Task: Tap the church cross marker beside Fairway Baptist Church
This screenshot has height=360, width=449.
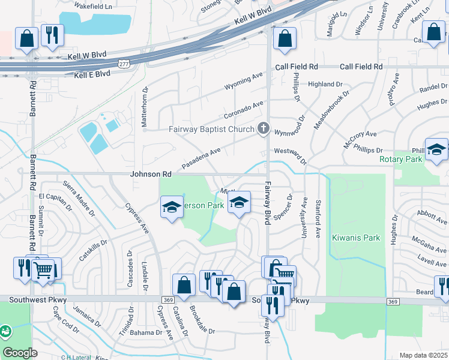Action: coord(262,128)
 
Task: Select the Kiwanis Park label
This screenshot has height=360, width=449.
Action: coord(356,238)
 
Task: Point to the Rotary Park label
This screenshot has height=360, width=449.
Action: coord(401,159)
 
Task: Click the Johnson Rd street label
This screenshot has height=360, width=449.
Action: coord(151,174)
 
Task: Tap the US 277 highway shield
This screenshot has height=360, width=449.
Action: coord(124,64)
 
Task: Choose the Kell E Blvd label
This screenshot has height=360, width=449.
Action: coord(92,74)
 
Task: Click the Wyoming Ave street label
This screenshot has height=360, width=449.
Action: coord(244,82)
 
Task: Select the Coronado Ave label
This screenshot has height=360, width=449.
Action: coord(243,109)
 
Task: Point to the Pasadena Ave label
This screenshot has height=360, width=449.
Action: coord(201,158)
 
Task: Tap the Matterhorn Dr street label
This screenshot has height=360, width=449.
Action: coord(144,101)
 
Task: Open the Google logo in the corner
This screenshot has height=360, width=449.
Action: coord(20,352)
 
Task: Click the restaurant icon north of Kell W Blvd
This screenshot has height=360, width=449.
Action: coord(52,35)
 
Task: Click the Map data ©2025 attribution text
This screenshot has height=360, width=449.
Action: coord(423,355)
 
